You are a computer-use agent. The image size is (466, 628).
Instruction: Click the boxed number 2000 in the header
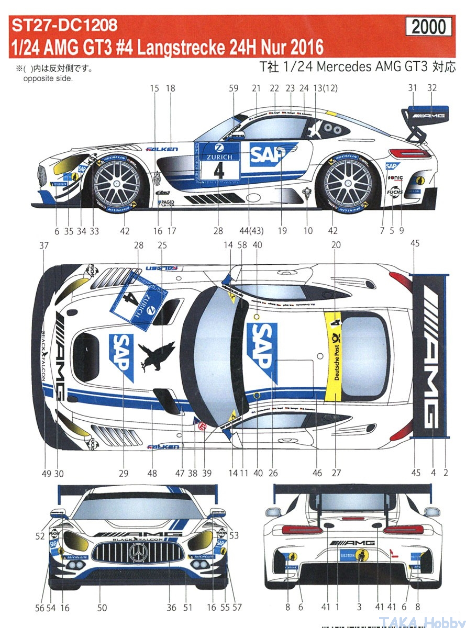pyautogui.click(x=428, y=27)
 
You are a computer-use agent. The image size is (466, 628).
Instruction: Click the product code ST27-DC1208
pyautogui.click(x=62, y=24)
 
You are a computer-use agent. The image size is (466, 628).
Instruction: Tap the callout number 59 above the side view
pyautogui.click(x=234, y=89)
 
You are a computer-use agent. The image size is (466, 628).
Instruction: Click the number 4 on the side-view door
pyautogui.click(x=219, y=171)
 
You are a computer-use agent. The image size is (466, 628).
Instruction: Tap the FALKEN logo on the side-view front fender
pyautogui.click(x=162, y=149)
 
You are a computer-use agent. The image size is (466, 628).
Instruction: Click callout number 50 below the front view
pyautogui.click(x=102, y=608)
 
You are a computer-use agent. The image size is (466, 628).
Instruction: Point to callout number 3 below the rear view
pyautogui.click(x=359, y=608)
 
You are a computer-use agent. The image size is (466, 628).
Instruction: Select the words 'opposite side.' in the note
pyautogui.click(x=48, y=78)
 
